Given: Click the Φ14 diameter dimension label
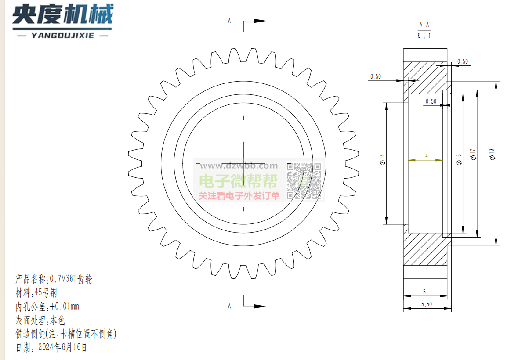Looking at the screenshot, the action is [383, 159].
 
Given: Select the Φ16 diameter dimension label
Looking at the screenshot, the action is [459, 159].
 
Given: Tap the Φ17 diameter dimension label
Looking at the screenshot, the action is [473, 154].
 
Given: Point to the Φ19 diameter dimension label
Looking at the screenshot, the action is [492, 154].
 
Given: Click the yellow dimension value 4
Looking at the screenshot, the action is [427, 155].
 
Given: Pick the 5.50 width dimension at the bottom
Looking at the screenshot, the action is [427, 304].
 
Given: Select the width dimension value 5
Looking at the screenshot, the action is [424, 292].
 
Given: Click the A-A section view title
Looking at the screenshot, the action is [424, 25].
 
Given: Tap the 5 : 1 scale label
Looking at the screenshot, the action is [424, 36].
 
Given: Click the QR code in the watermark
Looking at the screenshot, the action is [304, 181].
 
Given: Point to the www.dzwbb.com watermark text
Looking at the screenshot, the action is [239, 166].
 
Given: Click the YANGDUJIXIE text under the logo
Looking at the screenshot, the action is [63, 36].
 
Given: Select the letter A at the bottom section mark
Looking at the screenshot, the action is [229, 306].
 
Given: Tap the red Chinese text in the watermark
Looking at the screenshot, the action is [239, 196].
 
